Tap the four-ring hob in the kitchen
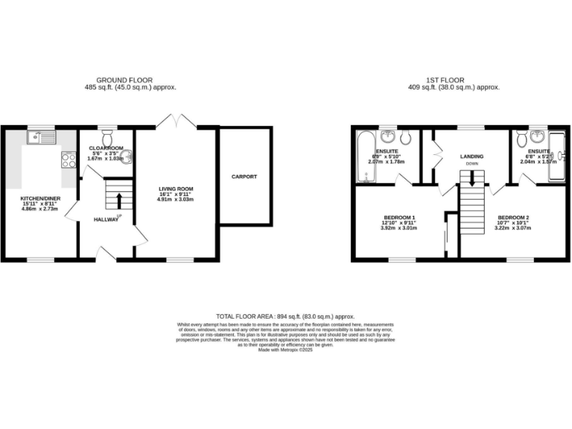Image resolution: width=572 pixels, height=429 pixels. pos(68,159)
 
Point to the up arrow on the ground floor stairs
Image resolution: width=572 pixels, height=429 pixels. pos(119,199)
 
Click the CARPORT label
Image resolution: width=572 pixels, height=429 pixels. pos(244,177)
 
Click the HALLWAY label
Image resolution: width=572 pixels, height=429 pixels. pos(107,220)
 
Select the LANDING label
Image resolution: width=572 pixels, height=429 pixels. pos(471,156)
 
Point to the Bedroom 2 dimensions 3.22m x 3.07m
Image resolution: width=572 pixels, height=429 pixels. pos(512,228)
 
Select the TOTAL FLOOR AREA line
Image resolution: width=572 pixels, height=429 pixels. pos(285,317)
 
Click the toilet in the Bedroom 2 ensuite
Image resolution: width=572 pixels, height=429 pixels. pos(522,138)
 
